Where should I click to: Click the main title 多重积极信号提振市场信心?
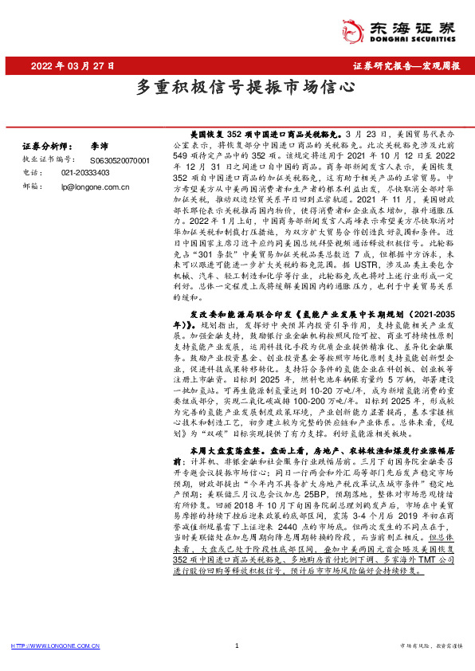[x=237, y=87]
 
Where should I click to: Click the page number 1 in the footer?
[x=237, y=646]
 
